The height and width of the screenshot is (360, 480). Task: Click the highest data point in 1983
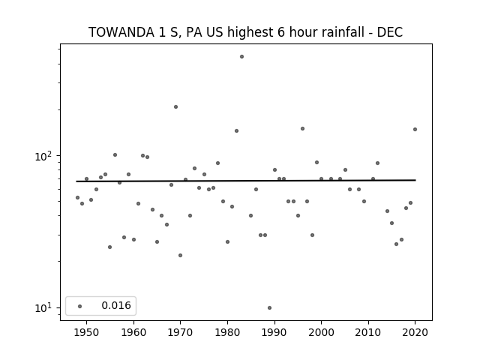[x=241, y=57]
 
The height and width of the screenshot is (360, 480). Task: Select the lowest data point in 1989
[x=269, y=308]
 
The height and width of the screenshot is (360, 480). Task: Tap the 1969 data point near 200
[x=175, y=106]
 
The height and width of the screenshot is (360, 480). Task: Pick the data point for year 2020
[x=415, y=130]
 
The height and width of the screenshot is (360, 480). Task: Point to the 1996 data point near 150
[x=302, y=128]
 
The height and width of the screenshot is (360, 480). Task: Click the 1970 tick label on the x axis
[x=180, y=332]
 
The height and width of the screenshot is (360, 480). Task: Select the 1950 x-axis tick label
[x=86, y=332]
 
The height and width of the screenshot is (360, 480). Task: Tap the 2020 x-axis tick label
[x=415, y=332]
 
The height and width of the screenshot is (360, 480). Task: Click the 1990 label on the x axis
[x=274, y=332]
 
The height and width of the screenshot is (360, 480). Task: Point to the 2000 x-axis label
[x=321, y=332]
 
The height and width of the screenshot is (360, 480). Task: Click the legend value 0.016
[x=116, y=305]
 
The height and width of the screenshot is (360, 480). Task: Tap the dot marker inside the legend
[x=80, y=306]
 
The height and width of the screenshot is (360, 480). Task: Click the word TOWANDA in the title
[x=121, y=32]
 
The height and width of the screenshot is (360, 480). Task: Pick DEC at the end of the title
[x=390, y=32]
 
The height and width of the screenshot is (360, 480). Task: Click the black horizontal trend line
[x=246, y=181]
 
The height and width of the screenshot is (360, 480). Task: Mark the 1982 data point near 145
[x=237, y=131]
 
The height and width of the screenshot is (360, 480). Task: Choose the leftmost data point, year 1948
[x=77, y=198]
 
